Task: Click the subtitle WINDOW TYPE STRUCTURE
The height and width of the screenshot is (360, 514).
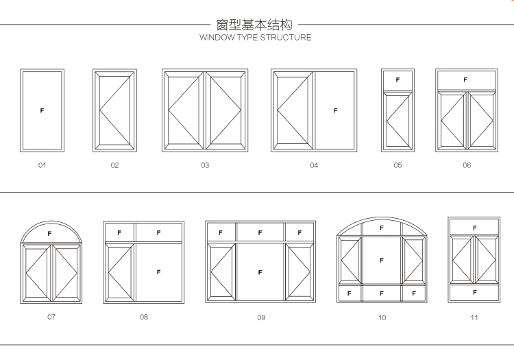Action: tap(255, 38)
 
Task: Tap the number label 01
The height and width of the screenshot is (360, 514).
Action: tap(42, 165)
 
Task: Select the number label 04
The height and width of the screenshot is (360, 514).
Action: tap(314, 165)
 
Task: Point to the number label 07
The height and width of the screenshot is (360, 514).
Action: tap(51, 317)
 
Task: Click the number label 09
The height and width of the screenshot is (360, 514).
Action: tap(261, 317)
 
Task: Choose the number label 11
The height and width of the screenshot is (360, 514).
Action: tap(474, 317)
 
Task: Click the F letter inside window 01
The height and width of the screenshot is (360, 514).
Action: tap(42, 110)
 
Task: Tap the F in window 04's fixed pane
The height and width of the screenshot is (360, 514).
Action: tap(335, 110)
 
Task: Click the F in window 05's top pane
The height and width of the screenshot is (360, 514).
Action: tap(397, 80)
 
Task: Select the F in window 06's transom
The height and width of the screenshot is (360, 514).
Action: tap(465, 80)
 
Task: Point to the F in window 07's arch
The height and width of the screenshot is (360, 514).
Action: tap(49, 234)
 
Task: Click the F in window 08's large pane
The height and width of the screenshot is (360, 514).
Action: tap(158, 272)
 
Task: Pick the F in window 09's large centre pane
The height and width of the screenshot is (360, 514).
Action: tap(260, 272)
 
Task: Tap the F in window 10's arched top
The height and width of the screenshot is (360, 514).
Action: tap(382, 228)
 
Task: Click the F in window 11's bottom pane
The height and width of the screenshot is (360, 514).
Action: tap(474, 293)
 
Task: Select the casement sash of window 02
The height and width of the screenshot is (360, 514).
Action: tap(114, 110)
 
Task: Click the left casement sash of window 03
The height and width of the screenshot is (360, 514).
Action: tap(184, 110)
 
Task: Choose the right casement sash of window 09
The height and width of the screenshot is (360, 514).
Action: tap(299, 272)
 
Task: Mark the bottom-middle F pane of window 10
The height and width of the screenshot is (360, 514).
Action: tap(382, 293)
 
